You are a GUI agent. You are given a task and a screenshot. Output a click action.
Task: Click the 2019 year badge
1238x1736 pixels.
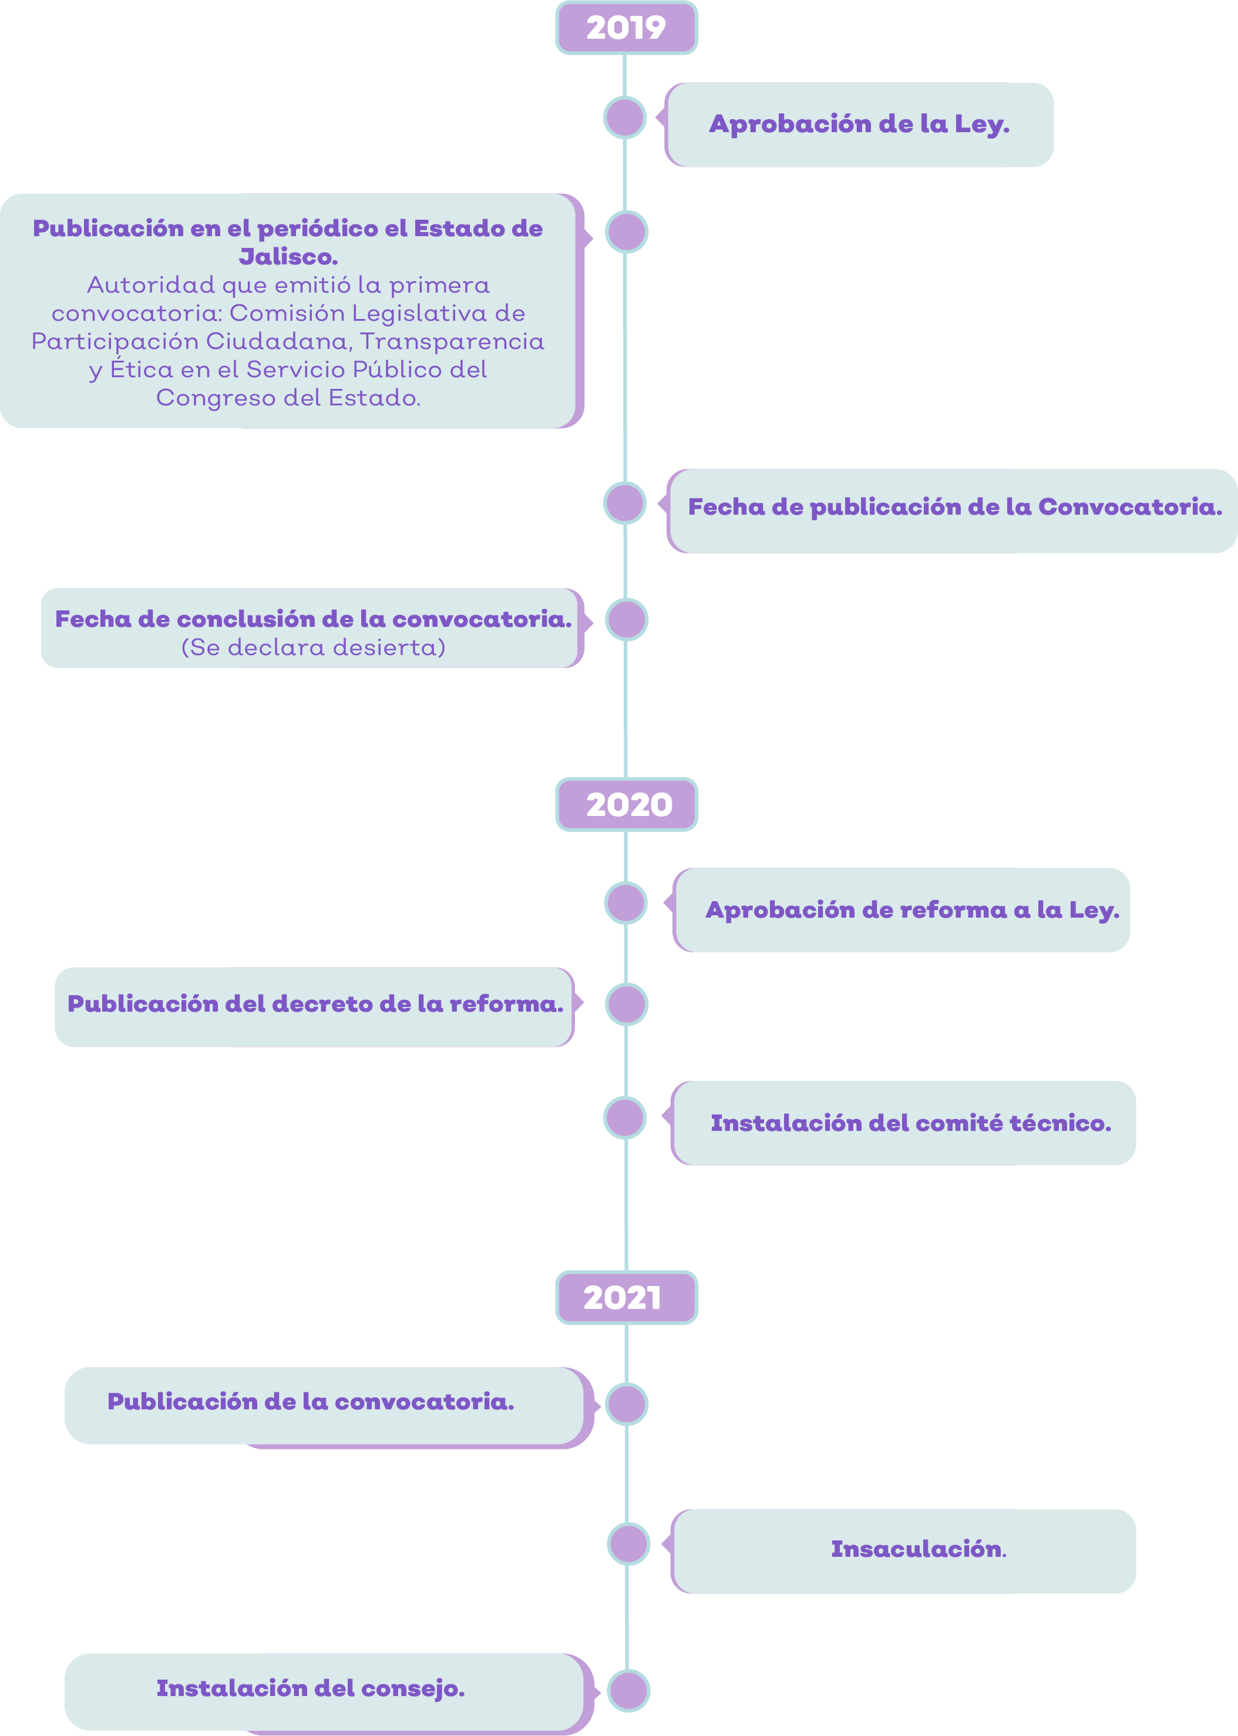[626, 28]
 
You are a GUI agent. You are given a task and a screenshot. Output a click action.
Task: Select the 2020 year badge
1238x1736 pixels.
[626, 804]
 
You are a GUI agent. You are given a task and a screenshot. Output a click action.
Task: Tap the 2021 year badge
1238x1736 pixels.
[626, 1298]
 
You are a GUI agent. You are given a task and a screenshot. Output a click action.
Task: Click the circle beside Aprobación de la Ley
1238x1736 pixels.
[625, 117]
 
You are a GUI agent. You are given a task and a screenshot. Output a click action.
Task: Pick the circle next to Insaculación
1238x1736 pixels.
[629, 1544]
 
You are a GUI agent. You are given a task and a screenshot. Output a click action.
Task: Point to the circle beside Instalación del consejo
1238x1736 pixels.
[629, 1690]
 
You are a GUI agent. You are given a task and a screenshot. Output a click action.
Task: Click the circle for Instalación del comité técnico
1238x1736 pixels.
[625, 1118]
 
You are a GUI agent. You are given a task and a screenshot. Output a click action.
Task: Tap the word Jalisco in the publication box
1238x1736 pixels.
[288, 257]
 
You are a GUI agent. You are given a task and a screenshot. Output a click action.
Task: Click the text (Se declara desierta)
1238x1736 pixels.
[313, 647]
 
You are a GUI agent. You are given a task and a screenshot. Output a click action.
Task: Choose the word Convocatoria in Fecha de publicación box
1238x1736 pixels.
[1130, 507]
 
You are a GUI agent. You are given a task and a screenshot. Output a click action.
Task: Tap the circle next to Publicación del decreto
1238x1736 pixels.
[627, 1004]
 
